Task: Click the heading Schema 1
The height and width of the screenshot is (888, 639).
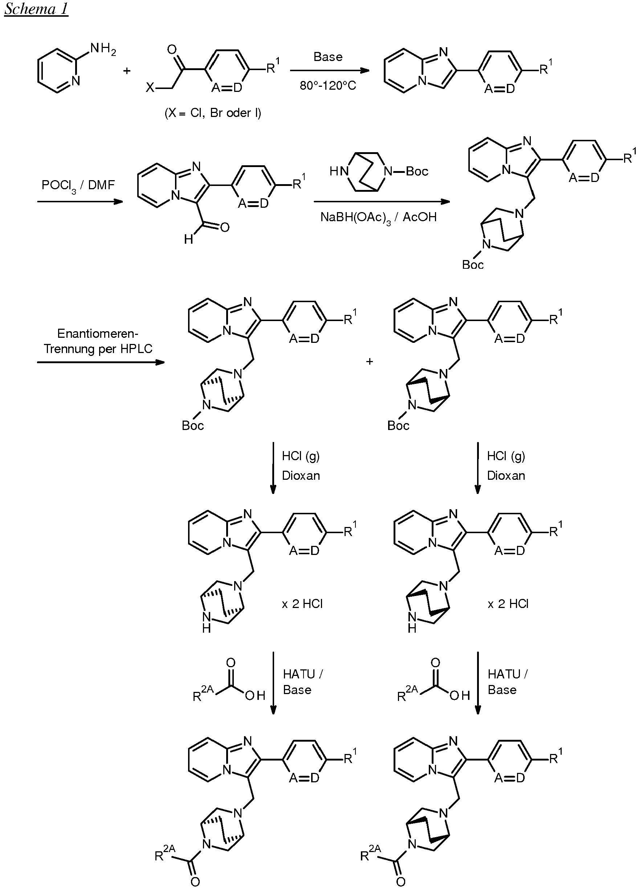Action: point(36,9)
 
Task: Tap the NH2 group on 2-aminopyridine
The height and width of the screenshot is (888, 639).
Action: point(103,49)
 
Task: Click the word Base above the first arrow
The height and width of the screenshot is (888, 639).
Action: point(328,57)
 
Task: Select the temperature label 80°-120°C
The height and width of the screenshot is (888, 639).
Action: point(328,85)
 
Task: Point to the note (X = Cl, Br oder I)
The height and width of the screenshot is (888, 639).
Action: point(212,113)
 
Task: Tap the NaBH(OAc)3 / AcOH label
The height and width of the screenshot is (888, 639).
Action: point(378,217)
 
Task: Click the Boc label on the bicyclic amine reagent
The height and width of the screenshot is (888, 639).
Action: point(417,171)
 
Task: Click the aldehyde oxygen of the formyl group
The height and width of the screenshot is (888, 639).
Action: point(225,227)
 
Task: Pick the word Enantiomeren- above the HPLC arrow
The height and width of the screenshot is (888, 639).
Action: point(98,333)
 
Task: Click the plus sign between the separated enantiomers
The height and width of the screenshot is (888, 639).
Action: point(369,361)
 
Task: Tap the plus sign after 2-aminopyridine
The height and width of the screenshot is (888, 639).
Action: point(127,71)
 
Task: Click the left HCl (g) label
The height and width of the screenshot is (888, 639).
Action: point(301,456)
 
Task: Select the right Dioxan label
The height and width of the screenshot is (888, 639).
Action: point(506,476)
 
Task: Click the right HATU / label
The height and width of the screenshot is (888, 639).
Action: point(508,674)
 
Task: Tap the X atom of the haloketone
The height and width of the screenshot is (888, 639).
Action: point(150,88)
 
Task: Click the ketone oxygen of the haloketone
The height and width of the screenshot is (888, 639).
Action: point(172,50)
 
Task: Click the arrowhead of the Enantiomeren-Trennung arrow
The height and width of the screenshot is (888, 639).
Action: point(160,362)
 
